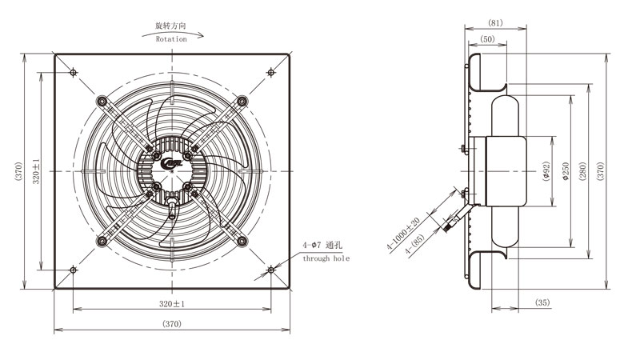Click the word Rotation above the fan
coord(171,39)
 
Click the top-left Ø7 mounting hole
coord(73,73)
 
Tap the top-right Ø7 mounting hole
coord(271,73)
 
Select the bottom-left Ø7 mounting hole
coord(73,270)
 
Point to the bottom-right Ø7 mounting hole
coord(271,270)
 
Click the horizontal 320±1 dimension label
coord(172,304)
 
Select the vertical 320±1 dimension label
coord(36,171)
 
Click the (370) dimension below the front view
coord(172,324)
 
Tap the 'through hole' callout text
coord(326,258)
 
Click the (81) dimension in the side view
coord(495,23)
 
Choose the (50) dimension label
coord(487,38)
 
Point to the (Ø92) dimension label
coord(546,171)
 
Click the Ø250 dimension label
coord(566,171)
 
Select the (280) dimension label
coord(582,171)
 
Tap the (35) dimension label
coord(542,302)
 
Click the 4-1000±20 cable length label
coord(403,234)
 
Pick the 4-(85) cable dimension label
coord(414,244)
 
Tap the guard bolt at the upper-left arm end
coord(102,101)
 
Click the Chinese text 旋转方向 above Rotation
coord(170,26)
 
